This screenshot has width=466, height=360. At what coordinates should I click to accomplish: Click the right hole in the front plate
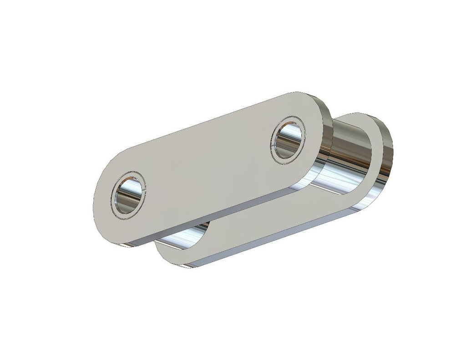pos(288,140)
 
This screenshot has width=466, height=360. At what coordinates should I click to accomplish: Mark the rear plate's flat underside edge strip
pos(273,241)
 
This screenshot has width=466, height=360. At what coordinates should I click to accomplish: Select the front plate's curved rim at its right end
pos(325,137)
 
